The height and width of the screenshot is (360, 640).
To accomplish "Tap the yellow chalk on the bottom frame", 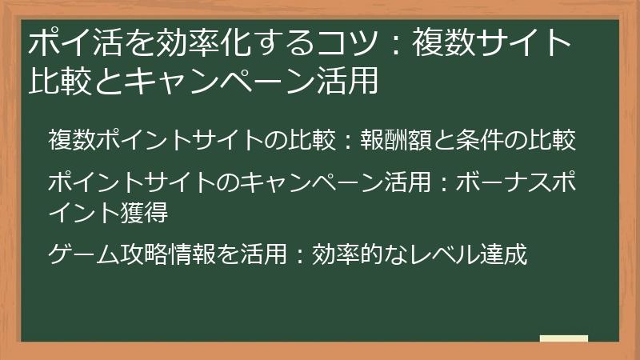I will pyautogui.click(x=564, y=338).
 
